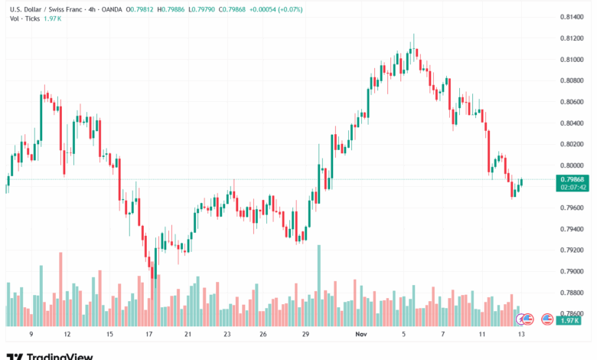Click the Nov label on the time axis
(362, 335)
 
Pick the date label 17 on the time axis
(149, 335)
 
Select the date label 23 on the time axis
(227, 335)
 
